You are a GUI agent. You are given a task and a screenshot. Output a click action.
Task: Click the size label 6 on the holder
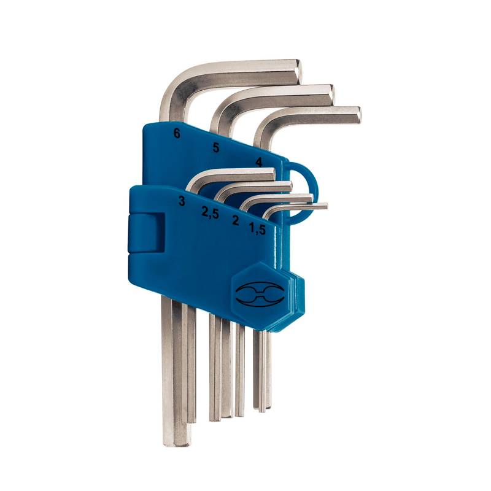tap(177, 134)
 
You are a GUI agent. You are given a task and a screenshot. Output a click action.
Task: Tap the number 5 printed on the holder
tap(216, 147)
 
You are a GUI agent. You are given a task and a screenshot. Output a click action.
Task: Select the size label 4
tap(258, 162)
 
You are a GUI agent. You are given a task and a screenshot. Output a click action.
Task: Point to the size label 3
tap(182, 201)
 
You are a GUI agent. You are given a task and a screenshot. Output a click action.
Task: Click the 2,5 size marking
tap(210, 213)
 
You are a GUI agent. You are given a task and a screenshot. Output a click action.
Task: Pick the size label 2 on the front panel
tap(236, 220)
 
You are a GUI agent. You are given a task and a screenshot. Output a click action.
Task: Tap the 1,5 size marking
tap(257, 229)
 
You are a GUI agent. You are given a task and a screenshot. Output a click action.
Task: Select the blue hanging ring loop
tap(304, 194)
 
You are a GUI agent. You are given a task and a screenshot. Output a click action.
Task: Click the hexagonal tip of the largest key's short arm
tap(300, 71)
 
